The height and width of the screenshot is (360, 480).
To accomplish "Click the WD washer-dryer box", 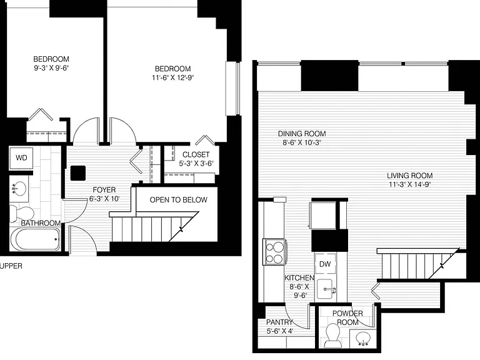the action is click(21, 158).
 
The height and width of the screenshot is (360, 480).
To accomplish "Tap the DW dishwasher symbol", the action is click(325, 264).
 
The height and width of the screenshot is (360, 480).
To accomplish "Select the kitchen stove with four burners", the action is click(274, 252).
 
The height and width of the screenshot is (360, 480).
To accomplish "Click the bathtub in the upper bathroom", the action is click(36, 239).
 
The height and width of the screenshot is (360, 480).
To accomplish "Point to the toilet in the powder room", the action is click(332, 336).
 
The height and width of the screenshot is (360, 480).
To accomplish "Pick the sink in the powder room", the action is click(363, 339).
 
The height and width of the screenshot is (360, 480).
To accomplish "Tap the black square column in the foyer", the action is click(78, 173).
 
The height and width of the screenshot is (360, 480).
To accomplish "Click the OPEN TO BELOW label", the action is click(179, 200).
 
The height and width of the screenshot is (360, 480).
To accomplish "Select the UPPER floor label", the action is click(11, 266).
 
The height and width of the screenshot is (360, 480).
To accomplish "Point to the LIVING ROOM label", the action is click(410, 176).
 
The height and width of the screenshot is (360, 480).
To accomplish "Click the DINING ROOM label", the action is click(302, 134).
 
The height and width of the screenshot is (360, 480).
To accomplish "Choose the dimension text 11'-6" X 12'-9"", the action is click(173, 77).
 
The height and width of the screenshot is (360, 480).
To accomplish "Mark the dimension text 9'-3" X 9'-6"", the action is click(51, 68).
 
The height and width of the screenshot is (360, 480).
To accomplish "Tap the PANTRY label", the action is click(279, 322).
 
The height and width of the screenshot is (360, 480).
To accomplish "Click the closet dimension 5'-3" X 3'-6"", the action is click(196, 164).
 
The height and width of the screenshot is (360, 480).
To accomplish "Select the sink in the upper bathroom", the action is click(19, 189).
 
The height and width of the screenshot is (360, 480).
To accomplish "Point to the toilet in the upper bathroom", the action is click(21, 213).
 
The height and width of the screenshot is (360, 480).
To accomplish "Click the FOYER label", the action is click(104, 190).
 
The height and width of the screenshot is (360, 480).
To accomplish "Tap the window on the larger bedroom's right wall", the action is click(232, 89).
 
